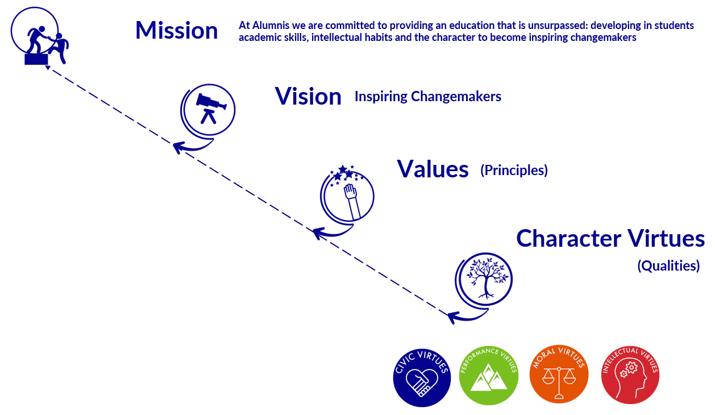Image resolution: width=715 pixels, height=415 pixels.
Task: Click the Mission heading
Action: tap(177, 30)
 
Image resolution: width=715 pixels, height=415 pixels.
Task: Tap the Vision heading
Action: tap(308, 96)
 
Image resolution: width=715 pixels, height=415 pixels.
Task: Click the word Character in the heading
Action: tap(568, 238)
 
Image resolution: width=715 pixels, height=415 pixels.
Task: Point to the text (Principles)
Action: tap(514, 170)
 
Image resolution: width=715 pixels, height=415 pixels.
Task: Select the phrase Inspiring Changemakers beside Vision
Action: tap(428, 97)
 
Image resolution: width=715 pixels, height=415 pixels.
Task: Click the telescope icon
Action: tap(211, 107)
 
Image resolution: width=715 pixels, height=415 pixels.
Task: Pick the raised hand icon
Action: tap(352, 201)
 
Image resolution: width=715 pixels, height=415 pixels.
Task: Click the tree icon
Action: tap(486, 278)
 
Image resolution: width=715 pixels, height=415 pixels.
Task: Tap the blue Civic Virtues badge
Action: tap(422, 377)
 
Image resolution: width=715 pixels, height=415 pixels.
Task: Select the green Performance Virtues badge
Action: tap(488, 376)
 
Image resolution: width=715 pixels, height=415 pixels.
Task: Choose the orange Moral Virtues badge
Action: tap(559, 374)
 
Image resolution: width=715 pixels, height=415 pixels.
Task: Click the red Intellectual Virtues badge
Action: tap(630, 375)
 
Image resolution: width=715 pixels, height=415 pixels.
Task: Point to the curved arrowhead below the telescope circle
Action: tap(177, 148)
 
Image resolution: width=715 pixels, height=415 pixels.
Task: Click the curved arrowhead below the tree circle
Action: tap(452, 317)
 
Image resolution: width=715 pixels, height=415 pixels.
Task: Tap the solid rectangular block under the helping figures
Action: tap(36, 59)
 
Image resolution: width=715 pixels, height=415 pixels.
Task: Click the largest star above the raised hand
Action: tap(343, 169)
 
